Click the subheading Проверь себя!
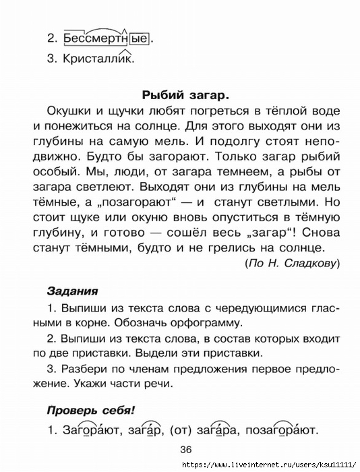point(91,409)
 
